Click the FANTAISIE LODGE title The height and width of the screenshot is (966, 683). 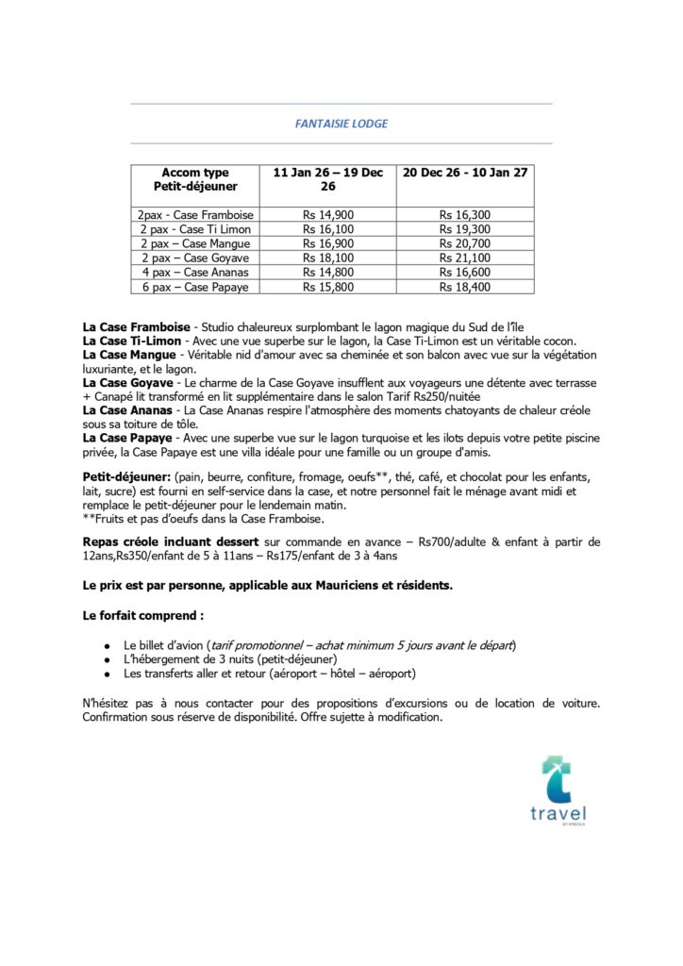pos(341,124)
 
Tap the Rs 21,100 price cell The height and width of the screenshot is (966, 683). pos(465,258)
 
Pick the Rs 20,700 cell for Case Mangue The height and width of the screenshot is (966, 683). pos(465,243)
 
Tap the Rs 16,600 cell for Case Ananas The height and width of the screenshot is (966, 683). pos(465,272)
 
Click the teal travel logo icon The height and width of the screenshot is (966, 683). pos(557,779)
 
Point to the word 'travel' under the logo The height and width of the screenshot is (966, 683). pos(558,814)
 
